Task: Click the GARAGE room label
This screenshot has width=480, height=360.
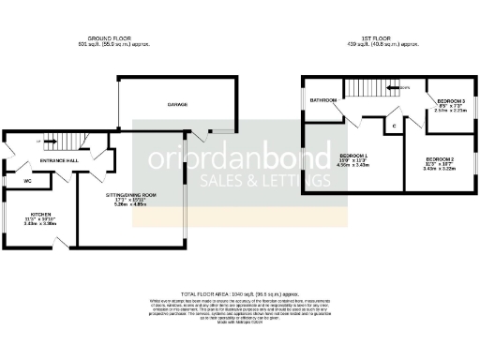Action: pyautogui.click(x=177, y=106)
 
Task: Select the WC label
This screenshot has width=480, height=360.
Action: pyautogui.click(x=28, y=179)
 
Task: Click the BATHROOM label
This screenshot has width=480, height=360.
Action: pyautogui.click(x=324, y=98)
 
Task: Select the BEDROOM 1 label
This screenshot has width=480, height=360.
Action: pyautogui.click(x=352, y=155)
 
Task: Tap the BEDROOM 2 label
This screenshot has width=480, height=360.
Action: pyautogui.click(x=439, y=159)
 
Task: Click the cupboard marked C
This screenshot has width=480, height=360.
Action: pyautogui.click(x=394, y=125)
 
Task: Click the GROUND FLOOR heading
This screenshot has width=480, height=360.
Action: pyautogui.click(x=115, y=38)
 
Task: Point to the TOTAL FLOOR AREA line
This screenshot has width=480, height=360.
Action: pyautogui.click(x=238, y=294)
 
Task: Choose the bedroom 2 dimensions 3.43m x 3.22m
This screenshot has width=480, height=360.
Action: pyautogui.click(x=439, y=170)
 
